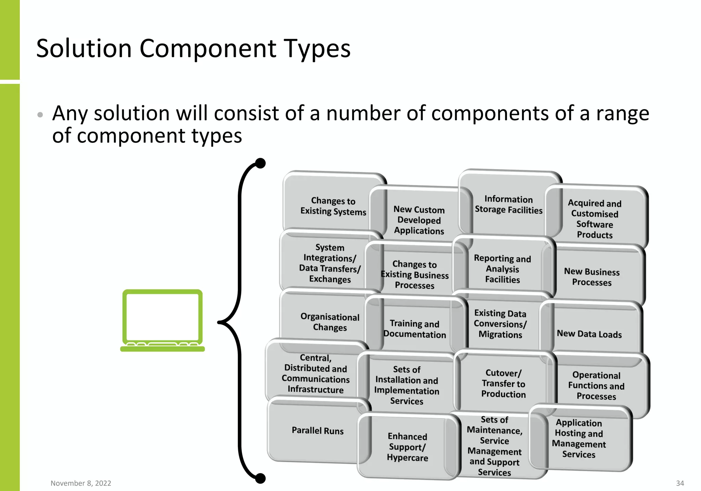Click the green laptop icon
point(163,320)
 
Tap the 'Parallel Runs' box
point(317,431)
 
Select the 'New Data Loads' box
point(589,333)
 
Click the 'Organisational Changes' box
point(330,322)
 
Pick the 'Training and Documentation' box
point(415,329)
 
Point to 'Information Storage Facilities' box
point(508,204)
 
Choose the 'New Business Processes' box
point(592,277)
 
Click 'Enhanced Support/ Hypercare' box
point(407,447)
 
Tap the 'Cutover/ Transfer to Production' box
point(503,383)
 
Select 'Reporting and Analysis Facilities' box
point(502,269)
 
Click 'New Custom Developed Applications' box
point(419,220)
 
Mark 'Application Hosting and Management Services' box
point(578,439)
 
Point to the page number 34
point(680,483)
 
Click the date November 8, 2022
point(81,483)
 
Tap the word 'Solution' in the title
point(84,48)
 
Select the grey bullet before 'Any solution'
point(40,114)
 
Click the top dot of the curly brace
point(260,163)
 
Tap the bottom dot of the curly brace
point(260,478)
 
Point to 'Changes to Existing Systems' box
point(333,206)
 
